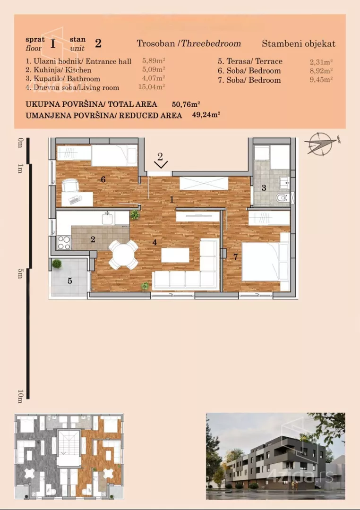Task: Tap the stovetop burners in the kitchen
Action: pos(64,242)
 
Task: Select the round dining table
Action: pos(123,255)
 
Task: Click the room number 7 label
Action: pos(235,257)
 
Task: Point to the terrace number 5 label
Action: pos(69,280)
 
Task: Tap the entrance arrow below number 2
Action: pos(160,165)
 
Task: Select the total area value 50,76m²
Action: pos(186,104)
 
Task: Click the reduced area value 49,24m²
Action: pos(206,115)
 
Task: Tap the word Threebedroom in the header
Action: pos(211,43)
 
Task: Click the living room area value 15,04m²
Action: pos(152,87)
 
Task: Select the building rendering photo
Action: pos(275,456)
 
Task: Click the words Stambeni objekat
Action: pos(299,44)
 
